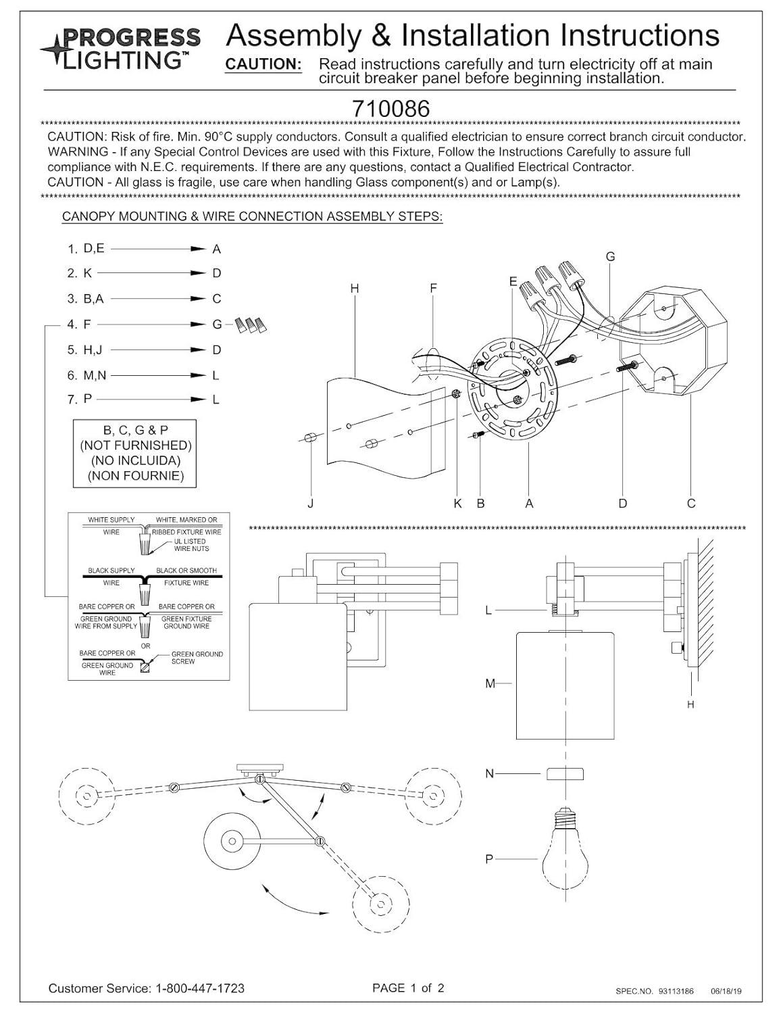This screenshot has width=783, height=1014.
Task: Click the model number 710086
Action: click(x=390, y=109)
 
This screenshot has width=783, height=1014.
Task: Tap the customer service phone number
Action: click(x=201, y=988)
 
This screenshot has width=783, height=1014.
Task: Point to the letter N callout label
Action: click(x=489, y=773)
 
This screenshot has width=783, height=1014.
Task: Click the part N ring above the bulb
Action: click(x=565, y=773)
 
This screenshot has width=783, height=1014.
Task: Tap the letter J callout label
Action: click(x=311, y=503)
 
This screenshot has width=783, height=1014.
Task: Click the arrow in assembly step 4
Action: click(x=151, y=324)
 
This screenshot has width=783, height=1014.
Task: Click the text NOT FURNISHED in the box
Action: click(x=136, y=445)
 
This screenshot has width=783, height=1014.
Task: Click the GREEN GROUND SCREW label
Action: click(x=197, y=658)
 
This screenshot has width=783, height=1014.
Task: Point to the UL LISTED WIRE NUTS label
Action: click(x=191, y=545)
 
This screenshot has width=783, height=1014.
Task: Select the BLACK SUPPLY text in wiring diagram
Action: click(x=111, y=571)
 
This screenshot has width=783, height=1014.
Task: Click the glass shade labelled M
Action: click(x=565, y=685)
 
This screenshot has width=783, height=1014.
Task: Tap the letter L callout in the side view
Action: click(x=488, y=610)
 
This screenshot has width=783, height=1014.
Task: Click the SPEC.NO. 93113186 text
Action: click(x=654, y=990)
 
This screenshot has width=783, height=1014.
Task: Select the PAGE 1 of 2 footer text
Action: click(x=408, y=988)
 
